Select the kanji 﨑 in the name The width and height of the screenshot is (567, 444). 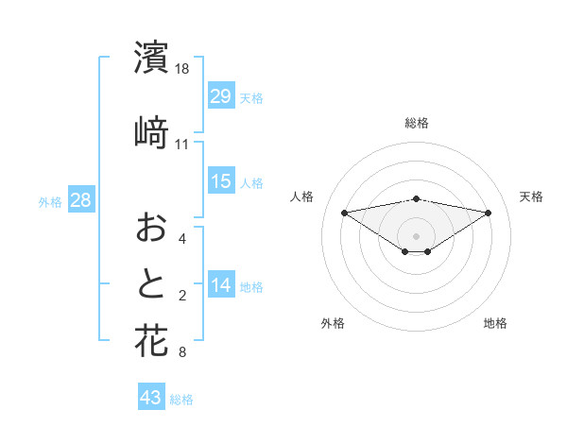tap(151, 131)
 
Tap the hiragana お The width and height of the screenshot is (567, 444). tap(151, 227)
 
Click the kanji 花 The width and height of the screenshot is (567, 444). tap(151, 340)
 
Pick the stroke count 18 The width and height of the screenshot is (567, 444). tap(183, 70)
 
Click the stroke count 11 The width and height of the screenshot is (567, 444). tap(182, 145)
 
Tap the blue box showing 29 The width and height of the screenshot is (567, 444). tap(221, 95)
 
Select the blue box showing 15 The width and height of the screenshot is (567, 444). tap(221, 180)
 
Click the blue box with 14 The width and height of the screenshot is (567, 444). tap(221, 285)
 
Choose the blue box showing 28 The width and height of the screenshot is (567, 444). tap(81, 199)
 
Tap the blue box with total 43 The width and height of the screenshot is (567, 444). tap(151, 398)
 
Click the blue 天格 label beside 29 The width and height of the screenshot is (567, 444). tap(251, 97)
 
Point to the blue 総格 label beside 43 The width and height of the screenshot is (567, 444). tap(181, 400)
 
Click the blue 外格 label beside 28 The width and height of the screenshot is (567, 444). tap(50, 201)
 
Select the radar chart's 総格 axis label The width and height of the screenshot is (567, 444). tap(416, 123)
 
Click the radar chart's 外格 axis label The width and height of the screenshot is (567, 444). tap(333, 323)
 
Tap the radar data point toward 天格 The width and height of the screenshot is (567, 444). tap(489, 213)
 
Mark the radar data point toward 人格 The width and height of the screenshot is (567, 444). tap(344, 212)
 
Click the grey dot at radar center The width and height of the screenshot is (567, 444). tap(416, 235)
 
